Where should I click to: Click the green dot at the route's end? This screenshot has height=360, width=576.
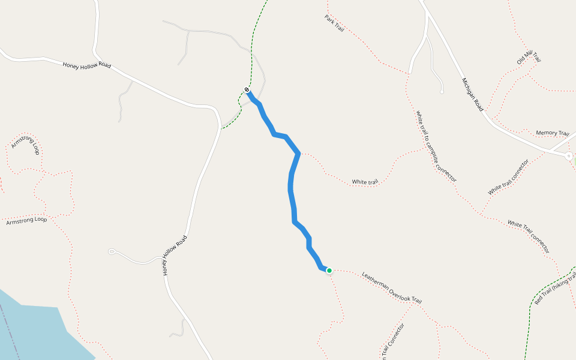[329, 271]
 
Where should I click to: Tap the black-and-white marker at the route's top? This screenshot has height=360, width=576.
[247, 90]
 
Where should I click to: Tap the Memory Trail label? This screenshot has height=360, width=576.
[552, 133]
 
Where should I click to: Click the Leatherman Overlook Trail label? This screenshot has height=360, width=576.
[392, 289]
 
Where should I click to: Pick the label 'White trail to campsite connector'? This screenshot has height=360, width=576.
[436, 146]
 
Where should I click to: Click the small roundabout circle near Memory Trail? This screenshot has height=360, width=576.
[568, 155]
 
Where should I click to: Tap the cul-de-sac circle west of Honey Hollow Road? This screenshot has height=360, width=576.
[111, 251]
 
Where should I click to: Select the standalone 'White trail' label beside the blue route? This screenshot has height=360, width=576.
[365, 181]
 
